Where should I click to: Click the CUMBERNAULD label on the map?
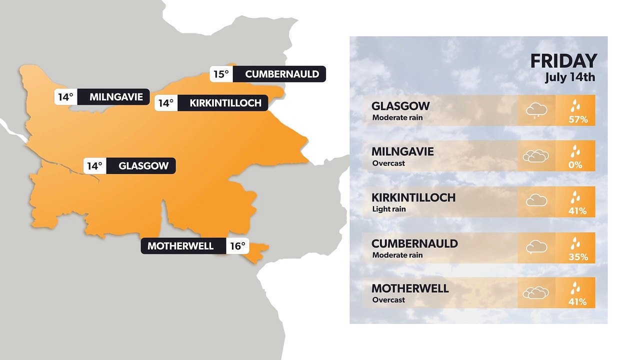[282, 74]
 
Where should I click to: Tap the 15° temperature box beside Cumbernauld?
[221, 74]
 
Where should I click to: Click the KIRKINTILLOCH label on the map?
[225, 103]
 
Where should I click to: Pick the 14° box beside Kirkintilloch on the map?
[165, 103]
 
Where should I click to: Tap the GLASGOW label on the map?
[143, 166]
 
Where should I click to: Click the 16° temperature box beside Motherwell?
[237, 246]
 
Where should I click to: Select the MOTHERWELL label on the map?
[180, 246]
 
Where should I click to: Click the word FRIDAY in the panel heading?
[563, 61]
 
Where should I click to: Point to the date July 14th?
[570, 78]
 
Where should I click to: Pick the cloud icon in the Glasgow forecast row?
[536, 110]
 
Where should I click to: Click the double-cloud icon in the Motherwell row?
[535, 292]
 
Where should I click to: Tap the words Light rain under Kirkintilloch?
[389, 209]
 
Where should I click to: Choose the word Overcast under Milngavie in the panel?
[388, 163]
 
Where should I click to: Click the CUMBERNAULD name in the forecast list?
[414, 243]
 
